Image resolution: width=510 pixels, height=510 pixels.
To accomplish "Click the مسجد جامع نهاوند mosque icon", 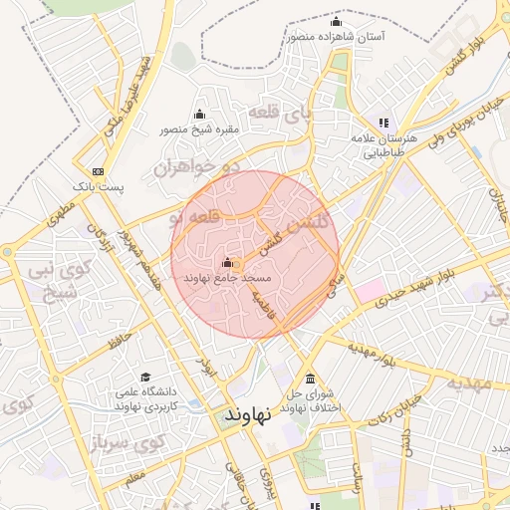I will pyautogui.click(x=227, y=263).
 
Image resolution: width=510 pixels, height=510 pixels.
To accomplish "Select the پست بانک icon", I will pyautogui.click(x=97, y=170).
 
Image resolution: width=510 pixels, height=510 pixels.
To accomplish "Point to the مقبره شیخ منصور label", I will pyautogui.click(x=199, y=128).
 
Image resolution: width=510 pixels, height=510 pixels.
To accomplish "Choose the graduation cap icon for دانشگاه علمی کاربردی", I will pyautogui.click(x=145, y=378).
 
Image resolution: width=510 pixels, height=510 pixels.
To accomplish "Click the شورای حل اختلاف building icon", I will pyautogui.click(x=312, y=381).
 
